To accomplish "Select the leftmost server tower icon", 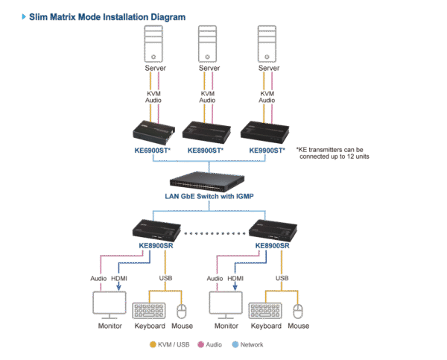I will pos(153,45).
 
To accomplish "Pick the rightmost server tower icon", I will pos(267,45).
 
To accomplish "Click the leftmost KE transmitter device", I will pos(153,132).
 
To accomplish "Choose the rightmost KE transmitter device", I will pos(267,132).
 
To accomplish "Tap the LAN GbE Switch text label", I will pos(210,197).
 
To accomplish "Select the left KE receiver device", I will pos(153,229).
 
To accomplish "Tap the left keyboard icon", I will pos(150,310).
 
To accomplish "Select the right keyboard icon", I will pos(266,310).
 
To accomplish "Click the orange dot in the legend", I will pos(153,345).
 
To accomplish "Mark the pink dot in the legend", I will pos(199,345).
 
